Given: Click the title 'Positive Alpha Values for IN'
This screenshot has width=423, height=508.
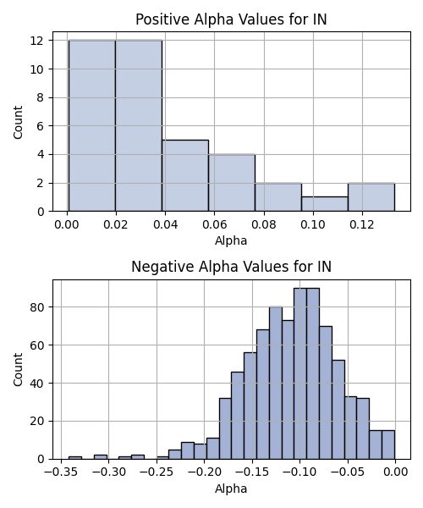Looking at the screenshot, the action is pos(231,19).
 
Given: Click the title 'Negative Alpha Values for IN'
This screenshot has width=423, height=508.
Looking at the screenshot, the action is pos(231,267).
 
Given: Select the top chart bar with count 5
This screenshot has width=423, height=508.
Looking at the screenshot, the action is pos(185,175).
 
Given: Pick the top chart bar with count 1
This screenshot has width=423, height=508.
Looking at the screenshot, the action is pos(325,204).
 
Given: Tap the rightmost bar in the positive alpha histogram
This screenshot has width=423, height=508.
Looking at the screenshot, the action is pos(371,197).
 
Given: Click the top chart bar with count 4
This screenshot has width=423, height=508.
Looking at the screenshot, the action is pos(232,183).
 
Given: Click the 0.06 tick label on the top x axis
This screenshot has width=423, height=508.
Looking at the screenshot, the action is pos(215,224).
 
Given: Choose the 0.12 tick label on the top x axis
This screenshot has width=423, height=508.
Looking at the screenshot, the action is pos(362,224).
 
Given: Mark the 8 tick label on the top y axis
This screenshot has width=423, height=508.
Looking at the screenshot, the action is pos(41,97).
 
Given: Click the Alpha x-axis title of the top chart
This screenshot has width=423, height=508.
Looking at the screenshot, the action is pos(231,240).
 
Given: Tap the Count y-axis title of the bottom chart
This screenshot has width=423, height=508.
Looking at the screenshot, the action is pos(18,369).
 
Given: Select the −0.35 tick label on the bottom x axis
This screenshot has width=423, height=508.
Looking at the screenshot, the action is pos(61,472).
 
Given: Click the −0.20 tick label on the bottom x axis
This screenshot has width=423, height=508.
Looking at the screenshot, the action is pos(205,472).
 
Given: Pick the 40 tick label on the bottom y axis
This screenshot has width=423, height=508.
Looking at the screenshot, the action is pos(37,384).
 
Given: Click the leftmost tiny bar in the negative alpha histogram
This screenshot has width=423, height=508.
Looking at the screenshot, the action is pos(75,458).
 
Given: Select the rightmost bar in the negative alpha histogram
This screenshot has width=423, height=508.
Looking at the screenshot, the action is pos(388,444).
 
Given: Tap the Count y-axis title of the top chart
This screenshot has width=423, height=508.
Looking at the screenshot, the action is pos(18,122).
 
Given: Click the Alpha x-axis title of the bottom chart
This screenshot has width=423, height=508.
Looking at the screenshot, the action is pos(231,489).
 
